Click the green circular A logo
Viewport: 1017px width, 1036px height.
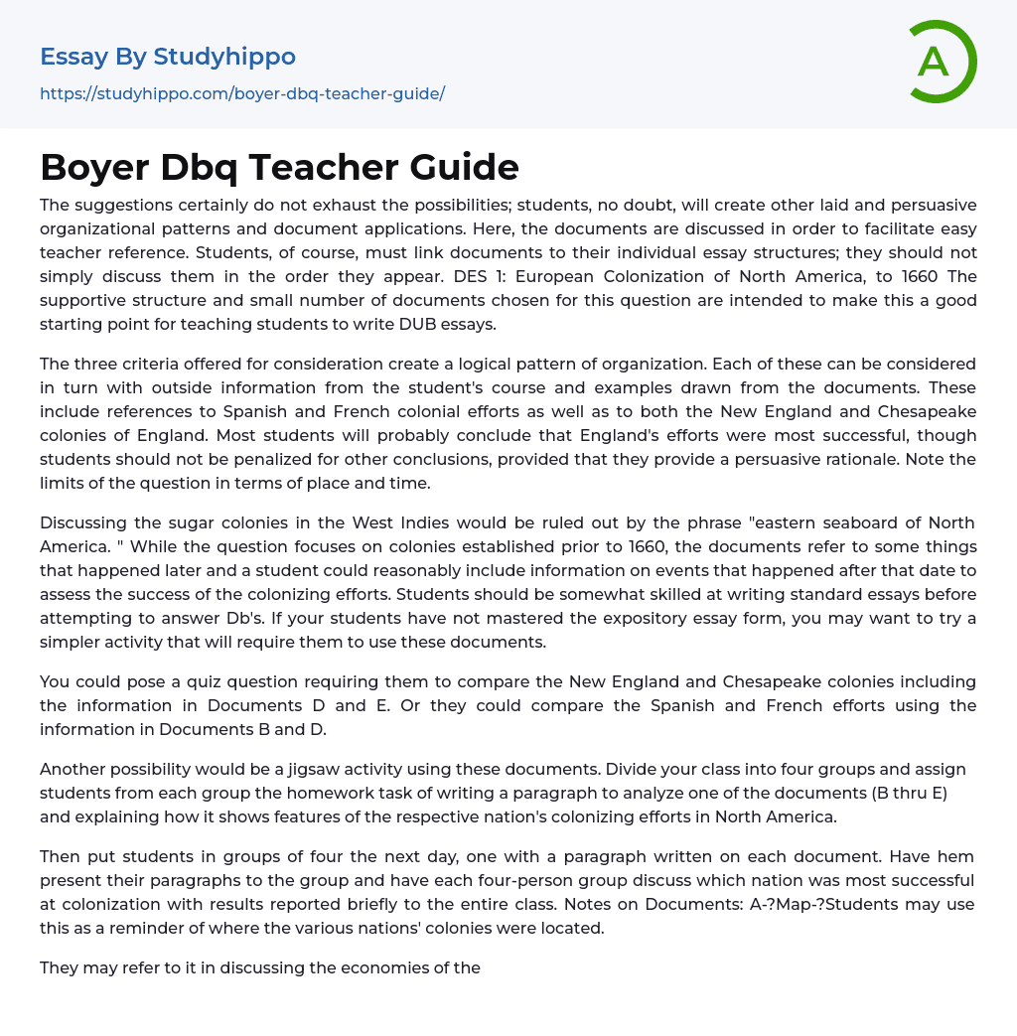pos(940,62)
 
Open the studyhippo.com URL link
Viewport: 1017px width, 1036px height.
pos(242,93)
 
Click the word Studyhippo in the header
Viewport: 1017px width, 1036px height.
pos(224,57)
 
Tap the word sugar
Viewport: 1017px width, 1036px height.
pos(198,522)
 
